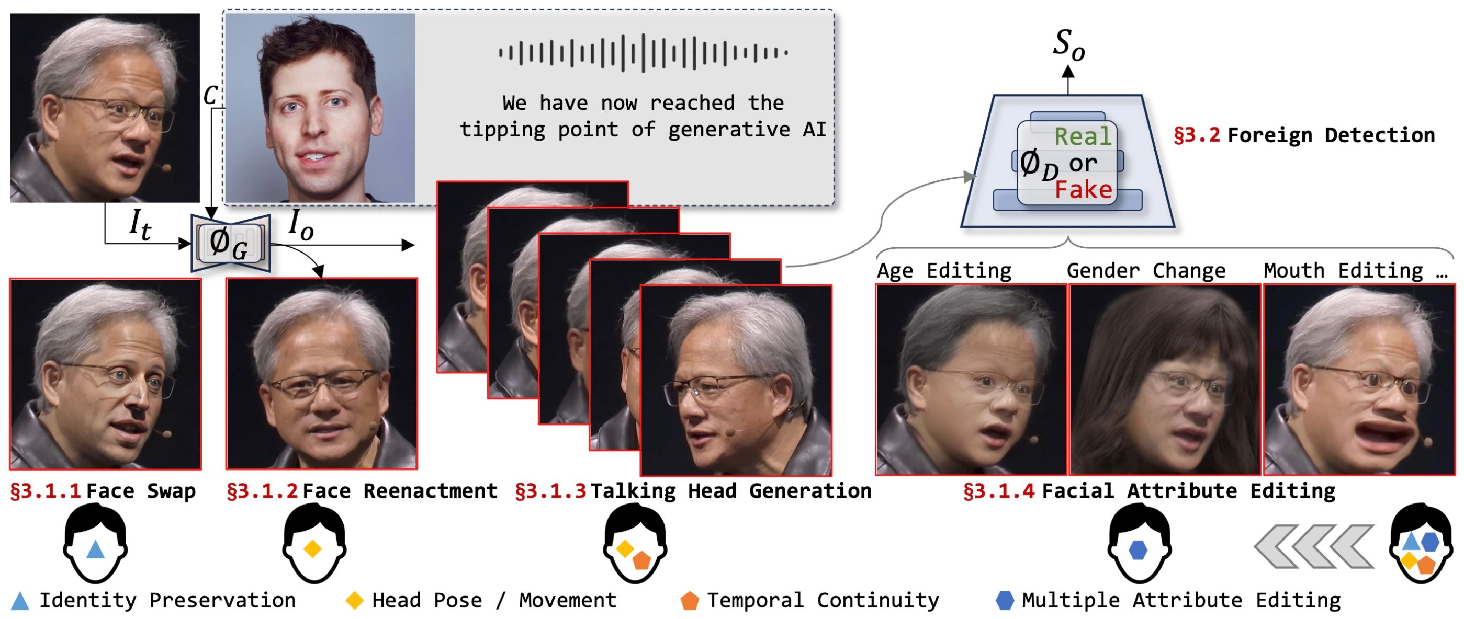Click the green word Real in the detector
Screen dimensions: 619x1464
[x=1082, y=136]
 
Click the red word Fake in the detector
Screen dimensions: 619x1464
[x=1083, y=190]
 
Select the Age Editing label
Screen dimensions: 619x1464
[x=944, y=270]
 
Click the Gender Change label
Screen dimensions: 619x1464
[x=1146, y=270]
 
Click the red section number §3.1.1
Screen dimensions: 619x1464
[x=46, y=491]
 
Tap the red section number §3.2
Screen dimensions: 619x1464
[x=1197, y=135]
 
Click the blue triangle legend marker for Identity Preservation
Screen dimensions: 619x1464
[x=20, y=601]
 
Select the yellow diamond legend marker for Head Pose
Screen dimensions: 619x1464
[x=355, y=600]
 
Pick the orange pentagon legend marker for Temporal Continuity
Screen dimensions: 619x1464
[x=690, y=601]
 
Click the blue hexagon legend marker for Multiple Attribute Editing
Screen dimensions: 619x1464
[x=1005, y=600]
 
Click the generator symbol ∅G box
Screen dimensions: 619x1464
[x=230, y=243]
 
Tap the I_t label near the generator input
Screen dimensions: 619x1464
[x=140, y=225]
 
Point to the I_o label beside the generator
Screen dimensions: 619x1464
[x=301, y=225]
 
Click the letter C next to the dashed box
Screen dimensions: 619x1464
[x=210, y=95]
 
